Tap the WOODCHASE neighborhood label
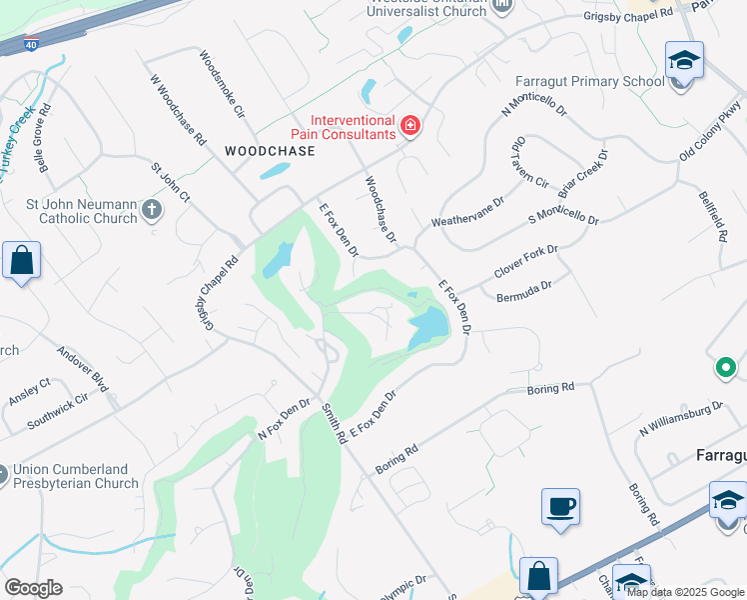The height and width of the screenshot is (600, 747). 270,151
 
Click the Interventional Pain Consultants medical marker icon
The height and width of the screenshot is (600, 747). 408,126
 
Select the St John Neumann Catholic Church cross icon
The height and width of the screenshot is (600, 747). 151,210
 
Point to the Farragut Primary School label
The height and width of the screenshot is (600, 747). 589,81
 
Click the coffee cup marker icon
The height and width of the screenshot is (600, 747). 560,506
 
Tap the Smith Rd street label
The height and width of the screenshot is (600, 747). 334,423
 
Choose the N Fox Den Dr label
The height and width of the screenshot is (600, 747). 285,419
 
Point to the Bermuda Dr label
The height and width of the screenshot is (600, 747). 523,289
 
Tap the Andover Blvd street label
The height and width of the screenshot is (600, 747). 82,368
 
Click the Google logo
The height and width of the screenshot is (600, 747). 33,588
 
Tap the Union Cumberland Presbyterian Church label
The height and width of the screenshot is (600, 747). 75,477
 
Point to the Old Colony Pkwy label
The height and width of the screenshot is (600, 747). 710,130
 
